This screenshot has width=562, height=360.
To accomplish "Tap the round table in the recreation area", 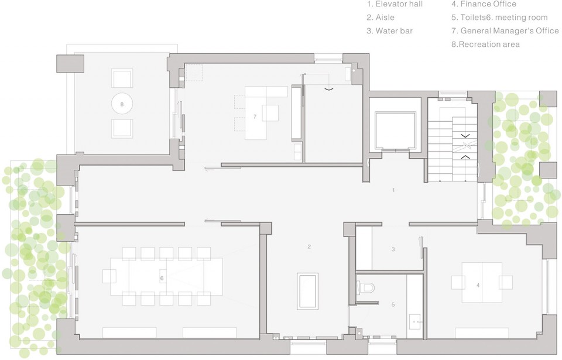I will pos(122,104).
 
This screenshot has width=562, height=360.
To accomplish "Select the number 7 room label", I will pos(255,116).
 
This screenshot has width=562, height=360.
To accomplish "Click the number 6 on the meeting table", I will pos(162,278).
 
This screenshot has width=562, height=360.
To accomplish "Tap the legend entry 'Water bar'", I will pos(390,31).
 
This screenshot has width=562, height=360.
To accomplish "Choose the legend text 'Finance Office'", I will pos(484,5).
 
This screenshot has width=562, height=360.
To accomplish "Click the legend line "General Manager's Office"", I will pos(505,31).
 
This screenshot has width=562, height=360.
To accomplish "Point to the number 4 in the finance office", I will pos(478,285).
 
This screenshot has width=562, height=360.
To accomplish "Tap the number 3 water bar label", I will pos(393,249).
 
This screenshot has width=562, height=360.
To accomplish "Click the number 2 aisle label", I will pos(309,246).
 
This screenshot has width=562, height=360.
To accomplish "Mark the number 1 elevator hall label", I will pos(394,190).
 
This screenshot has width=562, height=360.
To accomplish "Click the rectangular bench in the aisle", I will pos(308,291).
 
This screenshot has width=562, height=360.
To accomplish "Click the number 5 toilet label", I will pos(393,304).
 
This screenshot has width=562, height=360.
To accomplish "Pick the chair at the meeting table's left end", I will pos(110,276).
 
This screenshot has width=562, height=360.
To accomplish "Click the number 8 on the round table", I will pos(122,104).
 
